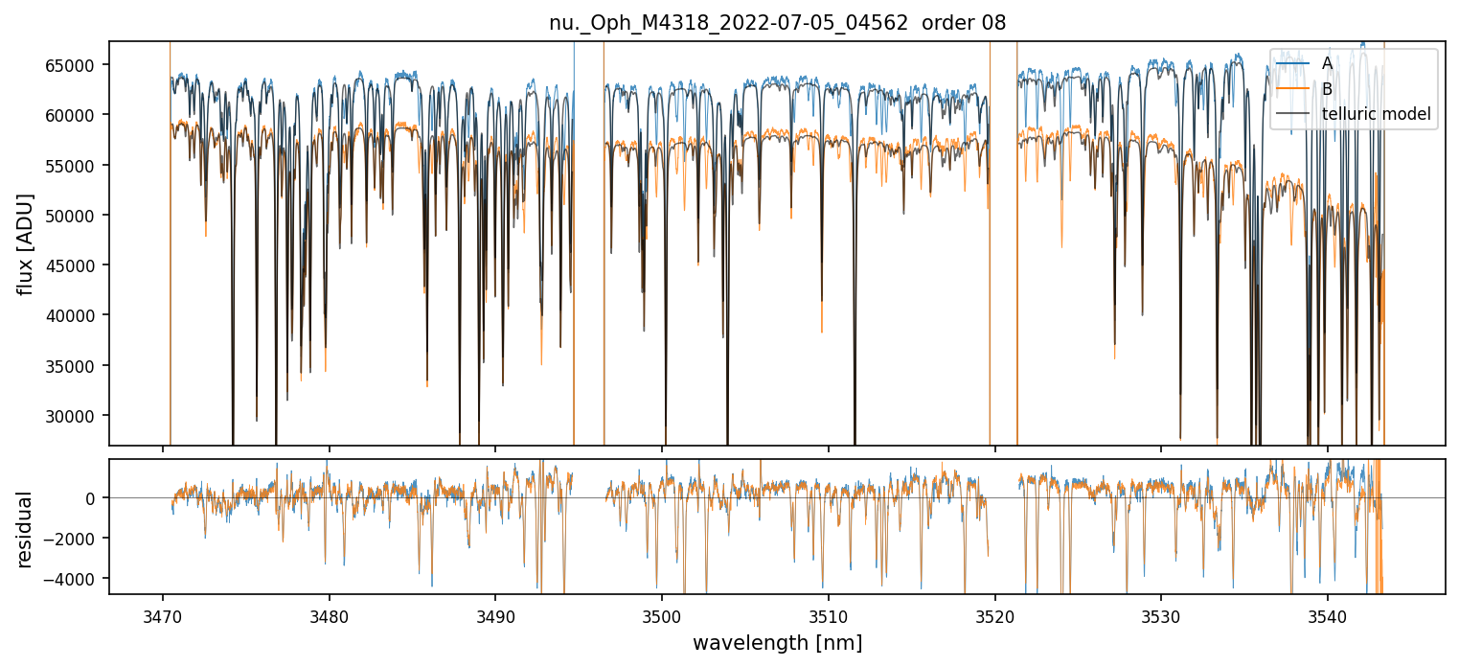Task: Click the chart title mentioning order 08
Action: [777, 23]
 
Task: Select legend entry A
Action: [1327, 63]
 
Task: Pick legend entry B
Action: [1327, 89]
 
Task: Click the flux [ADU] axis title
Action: [26, 243]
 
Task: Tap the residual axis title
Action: [26, 529]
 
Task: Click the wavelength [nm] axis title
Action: [777, 643]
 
